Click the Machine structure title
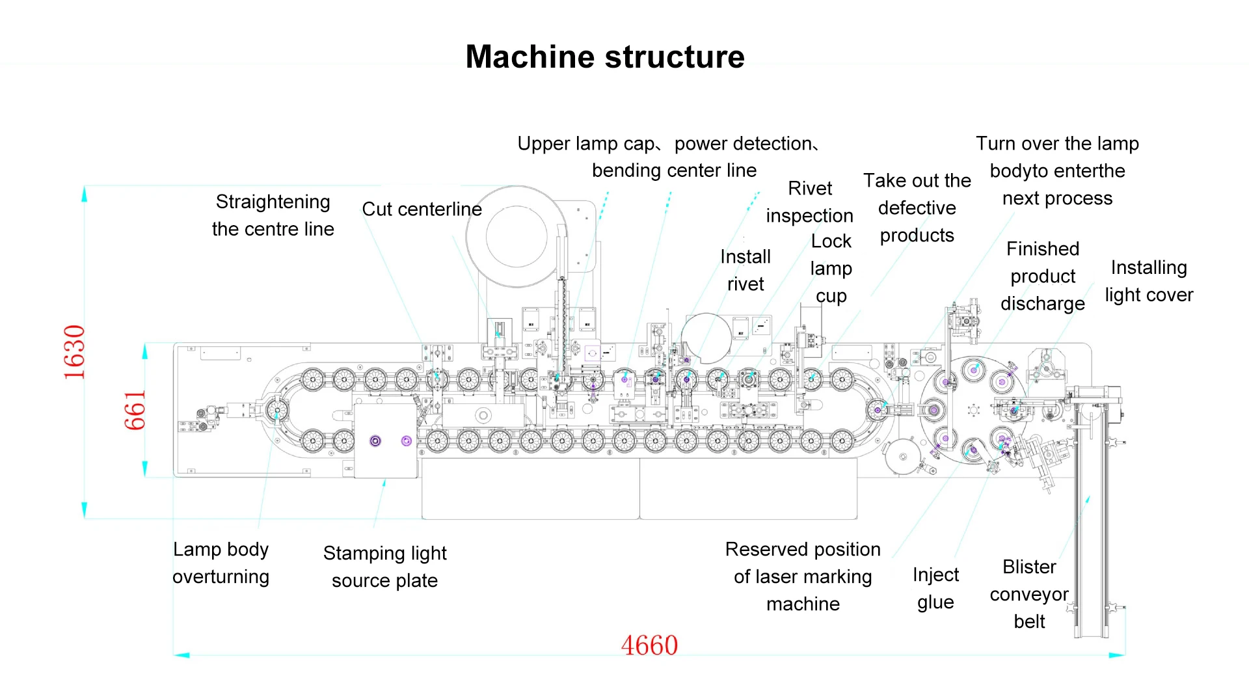click(604, 57)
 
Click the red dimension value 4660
click(649, 645)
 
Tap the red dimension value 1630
click(74, 352)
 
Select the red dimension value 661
click(135, 411)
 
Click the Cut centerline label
click(422, 210)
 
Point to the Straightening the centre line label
click(273, 215)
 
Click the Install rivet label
click(745, 270)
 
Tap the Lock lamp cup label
click(831, 268)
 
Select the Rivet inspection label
click(809, 202)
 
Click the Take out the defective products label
click(917, 208)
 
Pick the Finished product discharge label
click(1042, 276)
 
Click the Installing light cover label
click(1149, 281)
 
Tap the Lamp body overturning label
click(221, 563)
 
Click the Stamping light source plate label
click(384, 567)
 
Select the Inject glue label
click(935, 588)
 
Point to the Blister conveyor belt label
click(1029, 593)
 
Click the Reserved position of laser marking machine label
click(803, 576)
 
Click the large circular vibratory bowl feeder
click(517, 237)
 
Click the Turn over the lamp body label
click(1057, 170)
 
